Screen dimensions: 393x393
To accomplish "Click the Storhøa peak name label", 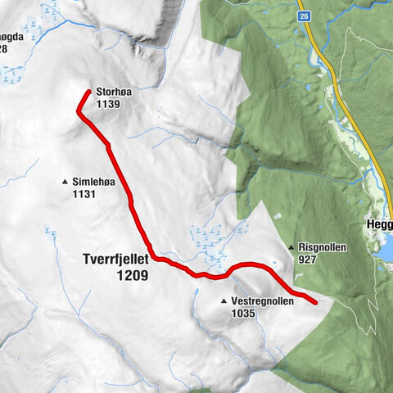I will click(112, 93).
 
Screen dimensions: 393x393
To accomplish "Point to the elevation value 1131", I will click(84, 194).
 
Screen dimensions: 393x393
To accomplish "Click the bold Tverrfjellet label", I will click(115, 262).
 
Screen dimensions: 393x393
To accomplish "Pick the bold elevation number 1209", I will click(132, 277).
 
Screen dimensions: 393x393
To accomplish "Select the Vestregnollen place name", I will click(262, 301).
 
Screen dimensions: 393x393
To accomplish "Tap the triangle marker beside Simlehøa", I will click(64, 181).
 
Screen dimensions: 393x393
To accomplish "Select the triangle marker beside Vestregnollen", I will click(224, 301).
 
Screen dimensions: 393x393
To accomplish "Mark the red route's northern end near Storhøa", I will click(87, 93).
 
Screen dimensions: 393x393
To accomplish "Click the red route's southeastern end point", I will click(315, 303).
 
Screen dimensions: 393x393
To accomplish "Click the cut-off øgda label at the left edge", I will click(12, 37).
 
